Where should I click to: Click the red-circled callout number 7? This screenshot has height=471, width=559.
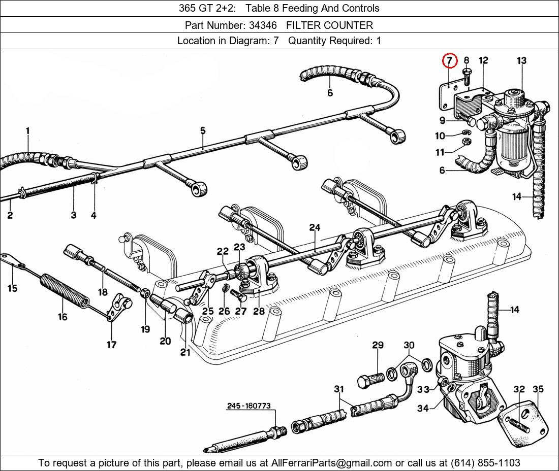[x=449, y=61]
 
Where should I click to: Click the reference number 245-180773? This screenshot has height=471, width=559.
[x=249, y=406]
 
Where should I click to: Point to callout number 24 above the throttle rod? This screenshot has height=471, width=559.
[x=315, y=228]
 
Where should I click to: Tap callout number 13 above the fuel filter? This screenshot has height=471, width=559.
[x=521, y=61]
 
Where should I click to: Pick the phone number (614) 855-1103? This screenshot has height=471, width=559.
[x=486, y=463]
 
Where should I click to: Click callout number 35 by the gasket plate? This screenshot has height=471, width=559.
[x=538, y=389]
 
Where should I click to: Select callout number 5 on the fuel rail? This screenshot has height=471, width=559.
[x=202, y=131]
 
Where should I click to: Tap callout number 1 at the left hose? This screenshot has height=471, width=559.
[x=27, y=131]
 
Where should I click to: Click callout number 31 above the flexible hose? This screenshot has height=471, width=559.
[x=338, y=389]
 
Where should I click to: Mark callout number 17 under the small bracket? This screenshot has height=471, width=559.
[x=111, y=345]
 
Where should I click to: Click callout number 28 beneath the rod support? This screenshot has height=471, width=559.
[x=259, y=311]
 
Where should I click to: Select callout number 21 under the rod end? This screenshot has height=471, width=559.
[x=185, y=352]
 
